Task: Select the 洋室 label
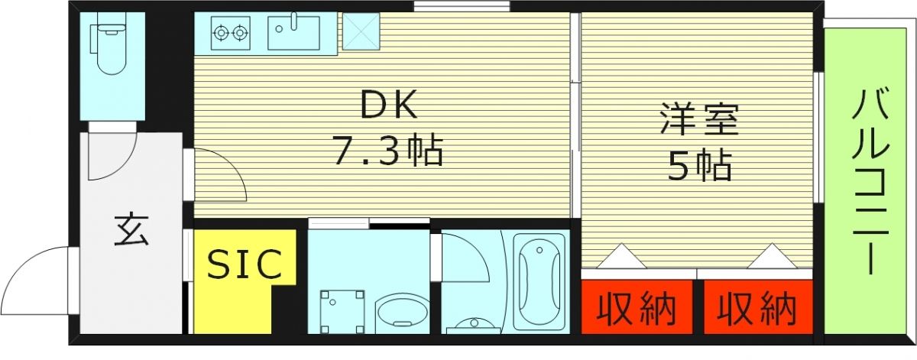tap(699, 123)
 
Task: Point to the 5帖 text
tap(699, 165)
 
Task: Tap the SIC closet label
tap(245, 264)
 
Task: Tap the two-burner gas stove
tap(231, 33)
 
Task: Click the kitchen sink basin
tap(293, 33)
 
